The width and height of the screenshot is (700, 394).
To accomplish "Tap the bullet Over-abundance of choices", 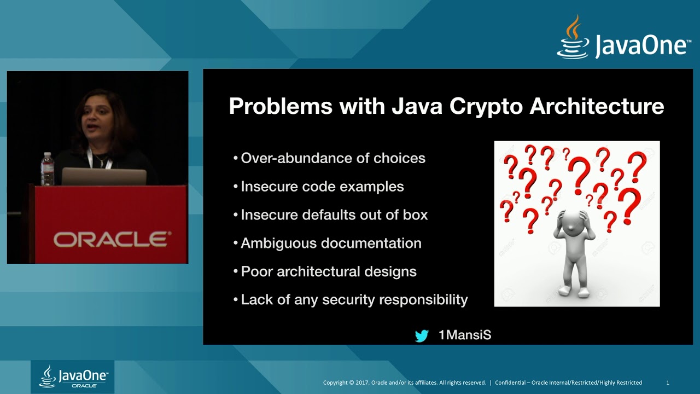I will click(332, 158).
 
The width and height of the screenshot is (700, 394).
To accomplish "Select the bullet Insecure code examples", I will click(322, 187).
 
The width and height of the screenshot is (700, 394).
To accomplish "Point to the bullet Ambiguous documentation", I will click(331, 243).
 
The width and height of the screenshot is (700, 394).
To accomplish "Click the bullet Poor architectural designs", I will click(328, 271).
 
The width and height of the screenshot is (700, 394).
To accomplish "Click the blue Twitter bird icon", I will click(422, 335).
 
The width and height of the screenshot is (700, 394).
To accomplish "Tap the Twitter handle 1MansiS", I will click(465, 335).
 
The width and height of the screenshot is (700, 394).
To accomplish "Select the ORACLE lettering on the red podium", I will click(112, 239).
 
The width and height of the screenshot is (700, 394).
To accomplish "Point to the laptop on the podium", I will click(104, 177).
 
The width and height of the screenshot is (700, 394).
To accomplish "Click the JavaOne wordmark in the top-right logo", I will click(642, 47).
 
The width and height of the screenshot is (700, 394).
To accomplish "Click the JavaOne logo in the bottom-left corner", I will click(72, 376).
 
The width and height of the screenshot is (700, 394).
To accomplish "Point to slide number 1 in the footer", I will click(668, 383).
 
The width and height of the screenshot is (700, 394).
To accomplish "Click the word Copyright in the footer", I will click(335, 383).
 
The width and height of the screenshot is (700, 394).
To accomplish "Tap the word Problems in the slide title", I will click(280, 106).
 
